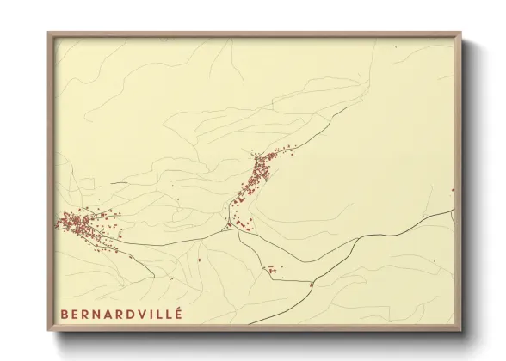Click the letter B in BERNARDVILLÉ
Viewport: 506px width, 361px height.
[64, 314]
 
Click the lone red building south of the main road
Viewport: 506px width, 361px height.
[200, 258]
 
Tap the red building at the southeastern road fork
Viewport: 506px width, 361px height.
[310, 283]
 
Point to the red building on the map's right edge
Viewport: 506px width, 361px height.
[453, 190]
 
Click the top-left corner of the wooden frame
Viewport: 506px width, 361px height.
[48, 34]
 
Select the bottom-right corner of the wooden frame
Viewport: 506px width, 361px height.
[461, 331]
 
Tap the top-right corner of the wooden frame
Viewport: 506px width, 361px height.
[461, 34]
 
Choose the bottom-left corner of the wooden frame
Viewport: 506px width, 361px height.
[48, 331]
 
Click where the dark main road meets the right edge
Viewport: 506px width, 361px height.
[454, 210]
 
